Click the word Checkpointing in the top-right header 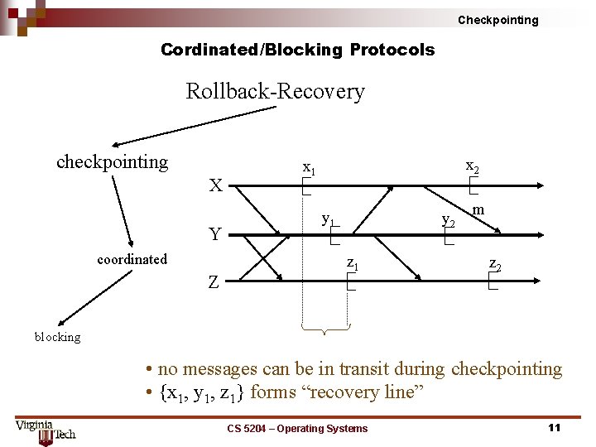tap(497, 20)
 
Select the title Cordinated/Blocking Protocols tap(297, 50)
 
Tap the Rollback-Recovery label tap(275, 91)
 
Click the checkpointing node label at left tap(112, 161)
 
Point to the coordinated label tap(132, 259)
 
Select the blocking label tap(57, 337)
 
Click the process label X tap(215, 185)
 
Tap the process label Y tap(215, 234)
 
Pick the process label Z tap(214, 282)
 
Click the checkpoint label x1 tap(309, 168)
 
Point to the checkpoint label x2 tap(473, 166)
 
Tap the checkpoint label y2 tap(448, 220)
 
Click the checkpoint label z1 tap(352, 265)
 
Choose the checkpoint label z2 tap(494, 265)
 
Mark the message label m tap(479, 212)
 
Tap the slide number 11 tap(555, 427)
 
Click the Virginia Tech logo tap(46, 430)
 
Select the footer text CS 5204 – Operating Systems tap(297, 428)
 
